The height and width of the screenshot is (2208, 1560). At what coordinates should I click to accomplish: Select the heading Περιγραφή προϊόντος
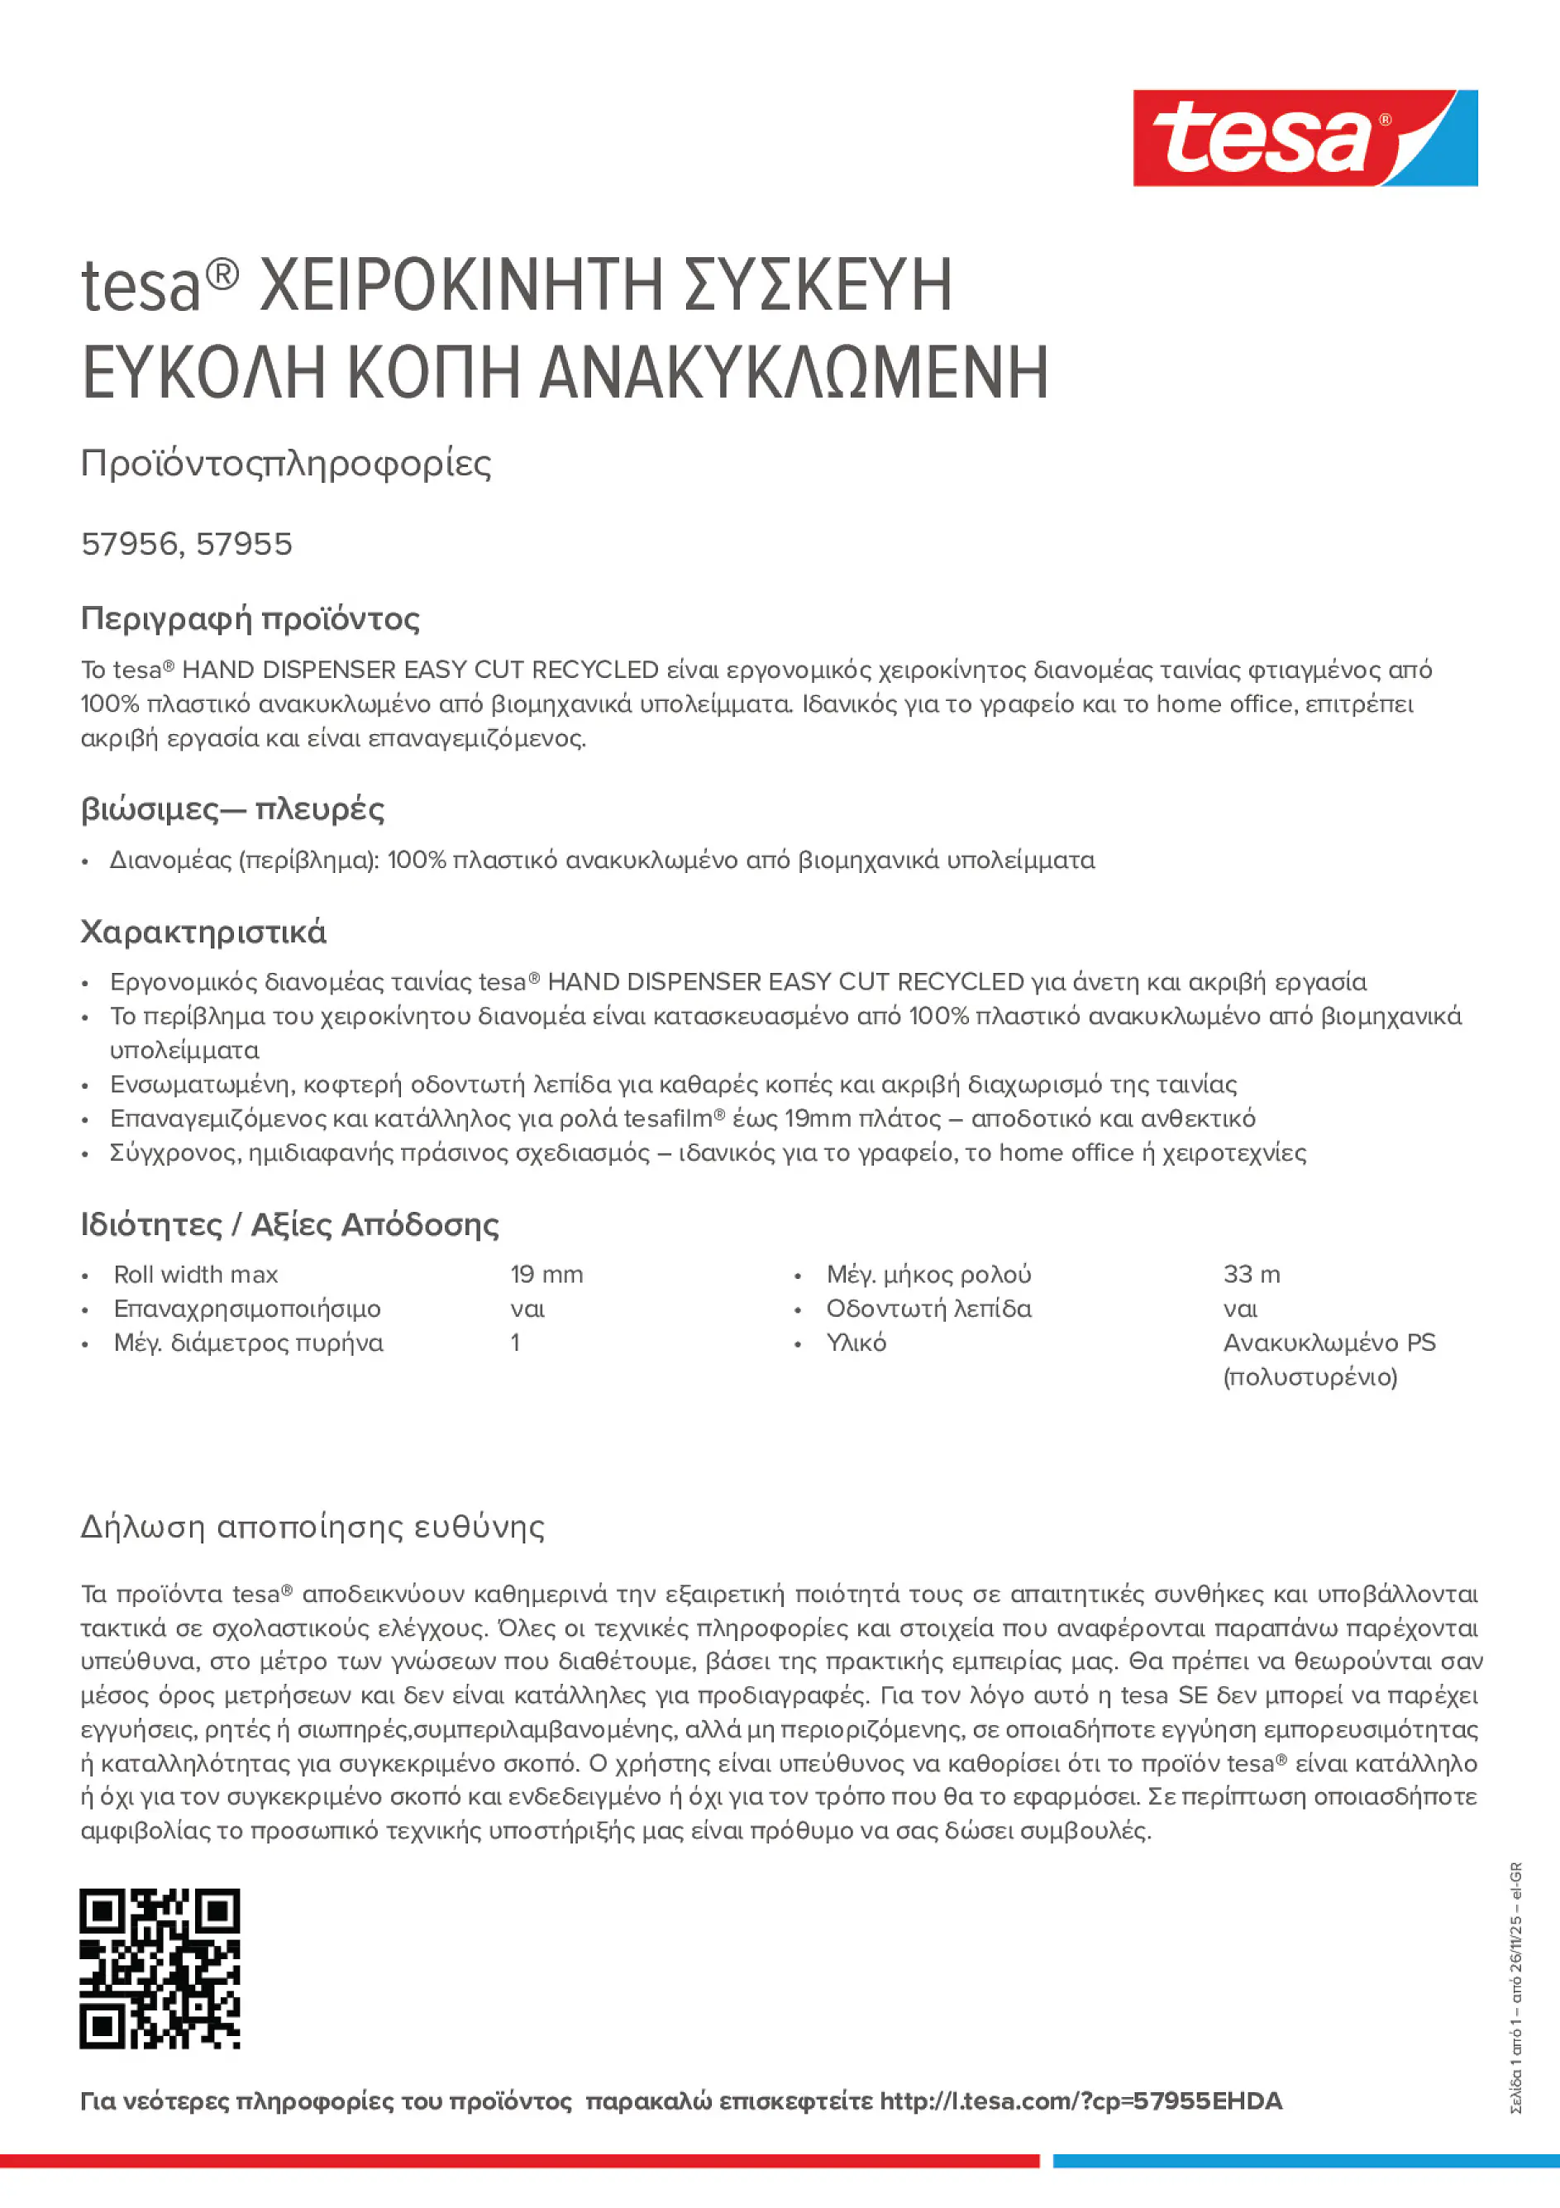pos(250,618)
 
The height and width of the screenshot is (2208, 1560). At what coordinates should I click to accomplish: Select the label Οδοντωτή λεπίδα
pos(928,1309)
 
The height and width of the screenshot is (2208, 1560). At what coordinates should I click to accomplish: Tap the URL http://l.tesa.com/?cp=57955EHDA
pos(1080,2101)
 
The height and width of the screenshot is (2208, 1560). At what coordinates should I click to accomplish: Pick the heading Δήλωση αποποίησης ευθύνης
pos(312,1526)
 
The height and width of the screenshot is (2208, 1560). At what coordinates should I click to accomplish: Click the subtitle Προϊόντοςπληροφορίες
pos(286,464)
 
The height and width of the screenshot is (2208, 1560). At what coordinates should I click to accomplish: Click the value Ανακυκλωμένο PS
pos(1329,1343)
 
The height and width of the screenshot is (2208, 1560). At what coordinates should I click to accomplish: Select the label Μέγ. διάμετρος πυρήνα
pos(248,1343)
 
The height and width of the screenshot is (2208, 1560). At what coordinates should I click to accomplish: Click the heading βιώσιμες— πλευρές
pos(231,808)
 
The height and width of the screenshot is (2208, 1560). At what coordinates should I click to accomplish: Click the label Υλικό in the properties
pos(856,1343)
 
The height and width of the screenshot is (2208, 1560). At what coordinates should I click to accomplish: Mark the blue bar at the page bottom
pos(1305,2161)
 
